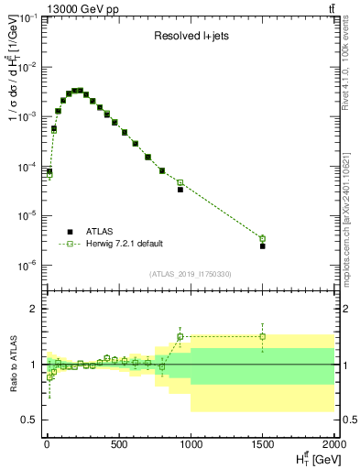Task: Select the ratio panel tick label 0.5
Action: click(x=27, y=420)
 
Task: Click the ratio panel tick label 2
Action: click(x=32, y=310)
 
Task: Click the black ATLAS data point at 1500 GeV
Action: click(x=263, y=246)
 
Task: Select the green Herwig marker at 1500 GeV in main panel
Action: click(x=263, y=239)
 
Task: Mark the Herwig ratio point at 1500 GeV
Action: click(x=263, y=336)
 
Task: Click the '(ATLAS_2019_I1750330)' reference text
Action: click(x=190, y=274)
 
